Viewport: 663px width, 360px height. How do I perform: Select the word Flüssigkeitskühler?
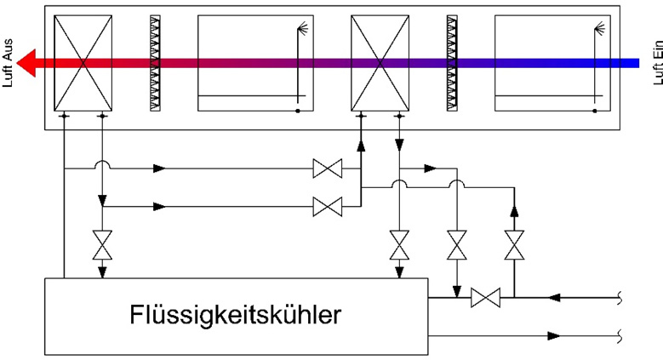[x=237, y=316]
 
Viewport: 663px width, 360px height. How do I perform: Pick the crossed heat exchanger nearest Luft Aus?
[x=83, y=63]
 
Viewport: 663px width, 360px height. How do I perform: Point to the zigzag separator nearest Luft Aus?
[x=155, y=63]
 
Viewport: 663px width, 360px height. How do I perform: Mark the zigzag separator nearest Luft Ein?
[x=452, y=63]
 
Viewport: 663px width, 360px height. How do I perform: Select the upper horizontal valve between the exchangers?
[x=327, y=169]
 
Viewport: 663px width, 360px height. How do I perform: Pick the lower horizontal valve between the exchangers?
[x=327, y=205]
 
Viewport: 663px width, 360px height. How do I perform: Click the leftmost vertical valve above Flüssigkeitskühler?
[x=102, y=246]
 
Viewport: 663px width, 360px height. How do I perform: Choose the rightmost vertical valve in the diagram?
[x=512, y=246]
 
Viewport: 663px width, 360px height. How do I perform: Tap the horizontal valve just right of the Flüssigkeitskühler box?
[x=485, y=297]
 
